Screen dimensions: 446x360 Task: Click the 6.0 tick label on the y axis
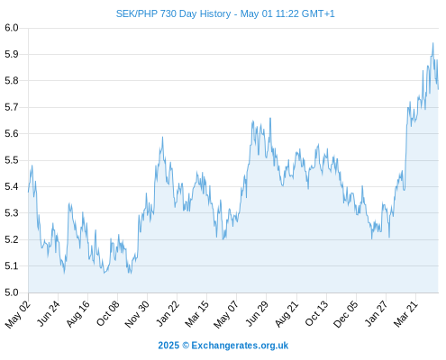coord(12,28)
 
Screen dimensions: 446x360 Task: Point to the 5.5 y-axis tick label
coord(12,160)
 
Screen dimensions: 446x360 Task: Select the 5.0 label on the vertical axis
coord(12,292)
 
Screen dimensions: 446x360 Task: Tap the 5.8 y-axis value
coord(12,81)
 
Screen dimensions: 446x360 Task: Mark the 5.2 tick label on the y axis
coord(12,239)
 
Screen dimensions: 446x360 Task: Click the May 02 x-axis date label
coord(18,314)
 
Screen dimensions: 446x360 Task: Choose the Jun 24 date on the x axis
coord(49,313)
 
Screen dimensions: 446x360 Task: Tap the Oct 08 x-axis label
coord(108,313)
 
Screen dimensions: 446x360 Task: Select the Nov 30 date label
coord(137,314)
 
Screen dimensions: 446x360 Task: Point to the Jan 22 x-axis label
coord(168,313)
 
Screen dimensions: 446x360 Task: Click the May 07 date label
coord(226,314)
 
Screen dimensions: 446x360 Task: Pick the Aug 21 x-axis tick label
coord(287,314)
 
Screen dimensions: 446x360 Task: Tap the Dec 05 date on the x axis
coord(346,314)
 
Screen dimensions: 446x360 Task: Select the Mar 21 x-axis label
coord(406,314)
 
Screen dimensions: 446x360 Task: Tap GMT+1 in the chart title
coord(318,13)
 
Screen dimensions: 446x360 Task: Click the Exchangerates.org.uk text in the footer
coord(240,346)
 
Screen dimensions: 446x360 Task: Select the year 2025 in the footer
coord(168,346)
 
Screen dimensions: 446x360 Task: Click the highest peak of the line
coord(432,43)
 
